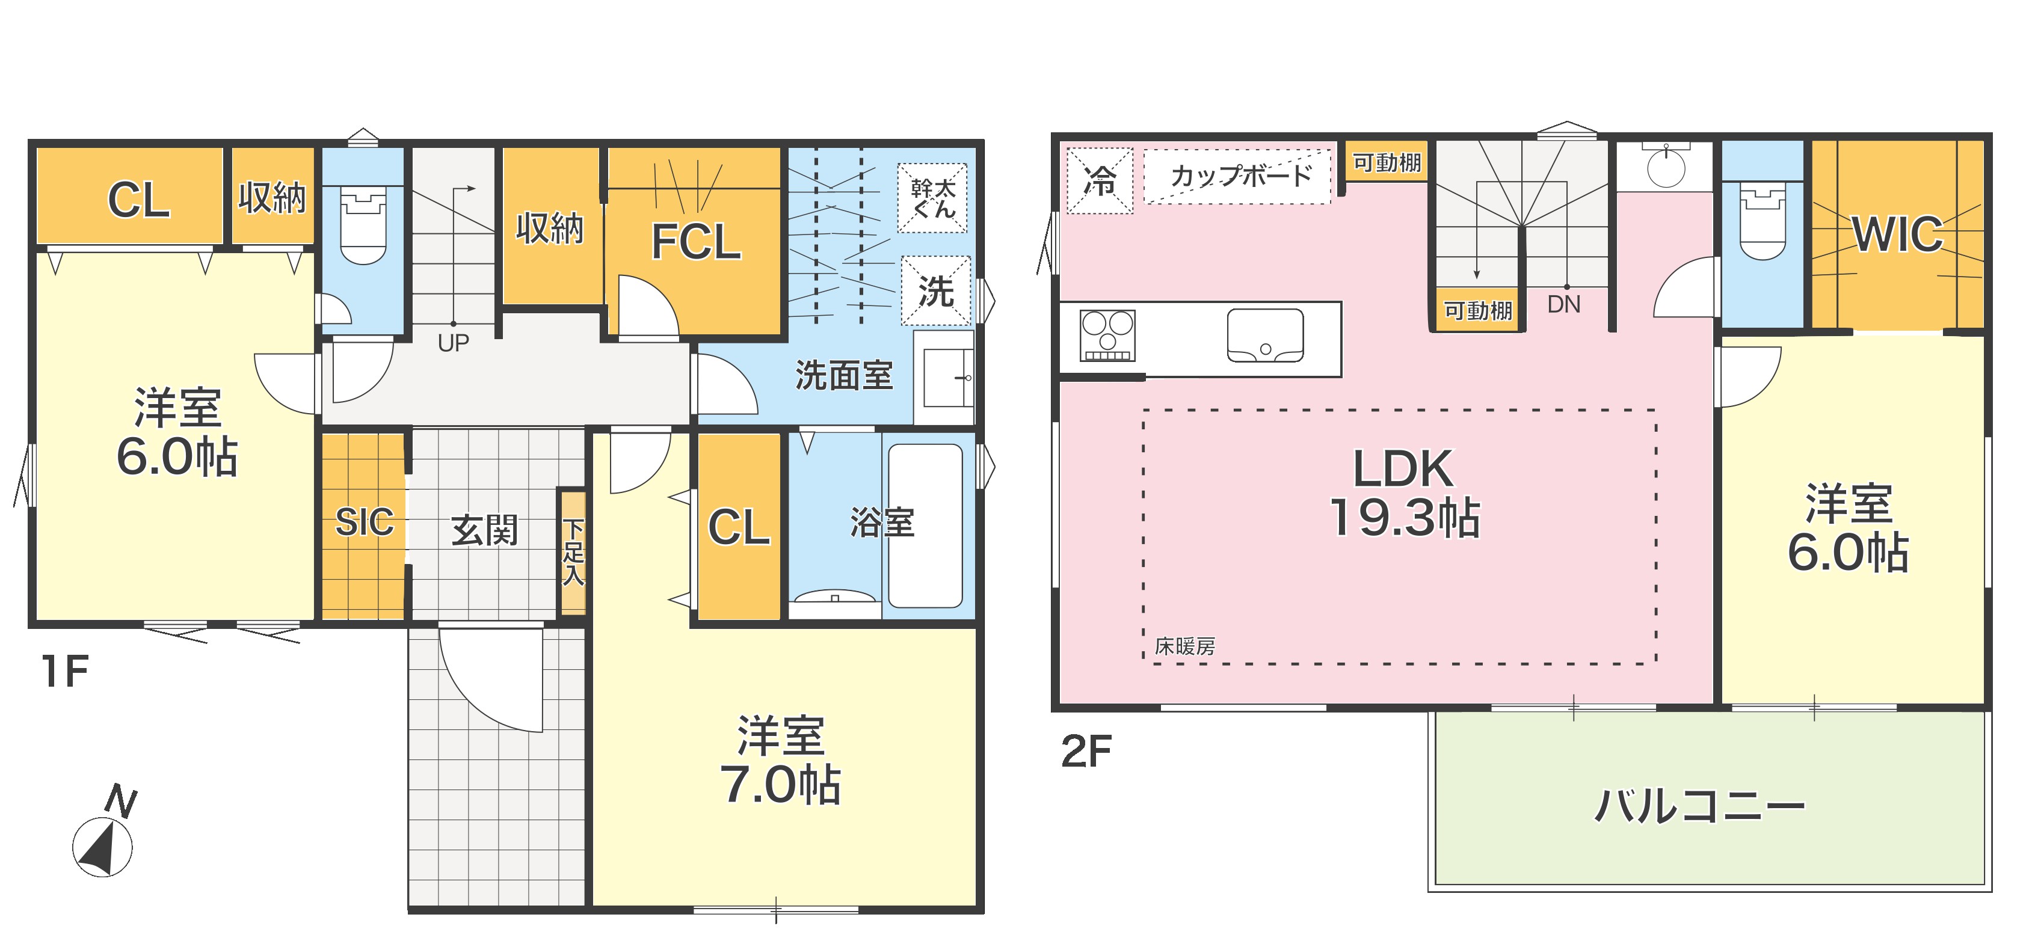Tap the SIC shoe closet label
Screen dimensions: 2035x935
coord(364,522)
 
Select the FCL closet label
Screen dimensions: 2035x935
coord(696,241)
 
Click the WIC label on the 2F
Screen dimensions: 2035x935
coord(1897,234)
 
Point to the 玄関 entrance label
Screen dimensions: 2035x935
coord(484,530)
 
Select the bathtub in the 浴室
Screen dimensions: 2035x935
coord(925,525)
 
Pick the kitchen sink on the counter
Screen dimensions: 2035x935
coord(1265,335)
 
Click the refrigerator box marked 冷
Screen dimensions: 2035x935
coord(1100,180)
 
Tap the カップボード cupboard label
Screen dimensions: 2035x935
coord(1240,176)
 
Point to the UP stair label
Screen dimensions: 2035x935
coord(454,343)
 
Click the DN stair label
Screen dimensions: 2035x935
coord(1563,304)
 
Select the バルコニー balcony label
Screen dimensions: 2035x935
coord(1699,806)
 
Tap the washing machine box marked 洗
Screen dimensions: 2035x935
coord(935,290)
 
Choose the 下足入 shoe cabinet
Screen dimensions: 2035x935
coord(573,552)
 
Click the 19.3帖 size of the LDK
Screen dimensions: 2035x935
coord(1405,517)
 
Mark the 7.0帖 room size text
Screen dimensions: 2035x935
coord(781,784)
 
